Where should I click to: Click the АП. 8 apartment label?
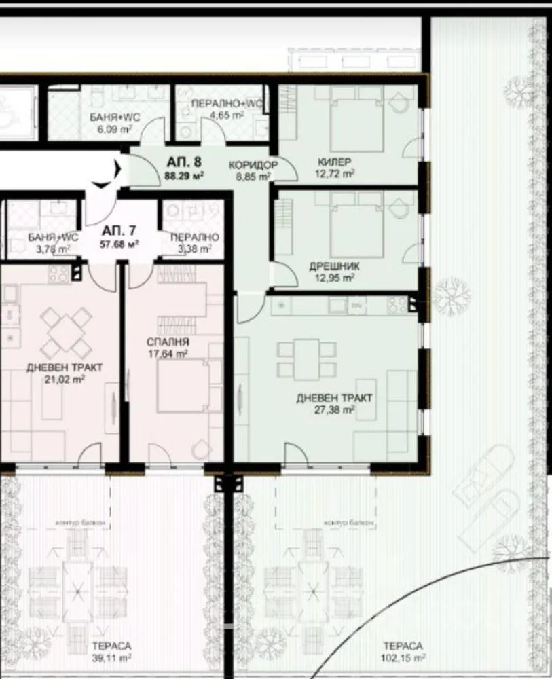click(x=184, y=162)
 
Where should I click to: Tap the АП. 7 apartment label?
click(x=119, y=230)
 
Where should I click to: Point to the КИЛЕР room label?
click(x=334, y=162)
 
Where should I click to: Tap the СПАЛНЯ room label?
click(x=168, y=342)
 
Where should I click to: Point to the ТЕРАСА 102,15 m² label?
click(x=402, y=651)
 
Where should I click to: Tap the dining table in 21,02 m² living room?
click(x=66, y=333)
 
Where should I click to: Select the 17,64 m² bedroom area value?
click(x=167, y=353)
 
